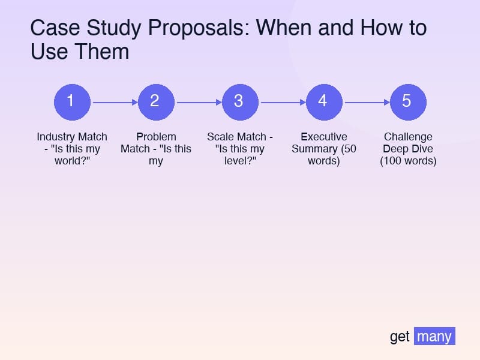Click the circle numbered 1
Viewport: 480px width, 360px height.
(x=72, y=101)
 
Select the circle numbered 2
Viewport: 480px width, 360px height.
(x=156, y=101)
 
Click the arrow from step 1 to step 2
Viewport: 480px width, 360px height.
(x=114, y=102)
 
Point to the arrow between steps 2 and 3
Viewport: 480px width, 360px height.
(x=198, y=102)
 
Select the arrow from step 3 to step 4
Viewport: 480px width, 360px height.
(x=282, y=102)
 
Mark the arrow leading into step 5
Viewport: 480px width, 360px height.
(x=366, y=102)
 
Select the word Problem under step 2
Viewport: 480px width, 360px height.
(x=156, y=137)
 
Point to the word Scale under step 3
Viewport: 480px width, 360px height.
(x=220, y=137)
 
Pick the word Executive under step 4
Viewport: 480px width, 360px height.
(x=324, y=137)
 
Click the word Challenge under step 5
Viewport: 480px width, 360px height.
(x=408, y=137)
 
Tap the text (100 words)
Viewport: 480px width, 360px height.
(x=408, y=161)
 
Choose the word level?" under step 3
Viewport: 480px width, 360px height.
(x=240, y=161)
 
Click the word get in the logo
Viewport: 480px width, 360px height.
(x=400, y=337)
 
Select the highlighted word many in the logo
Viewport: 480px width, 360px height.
(x=434, y=337)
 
